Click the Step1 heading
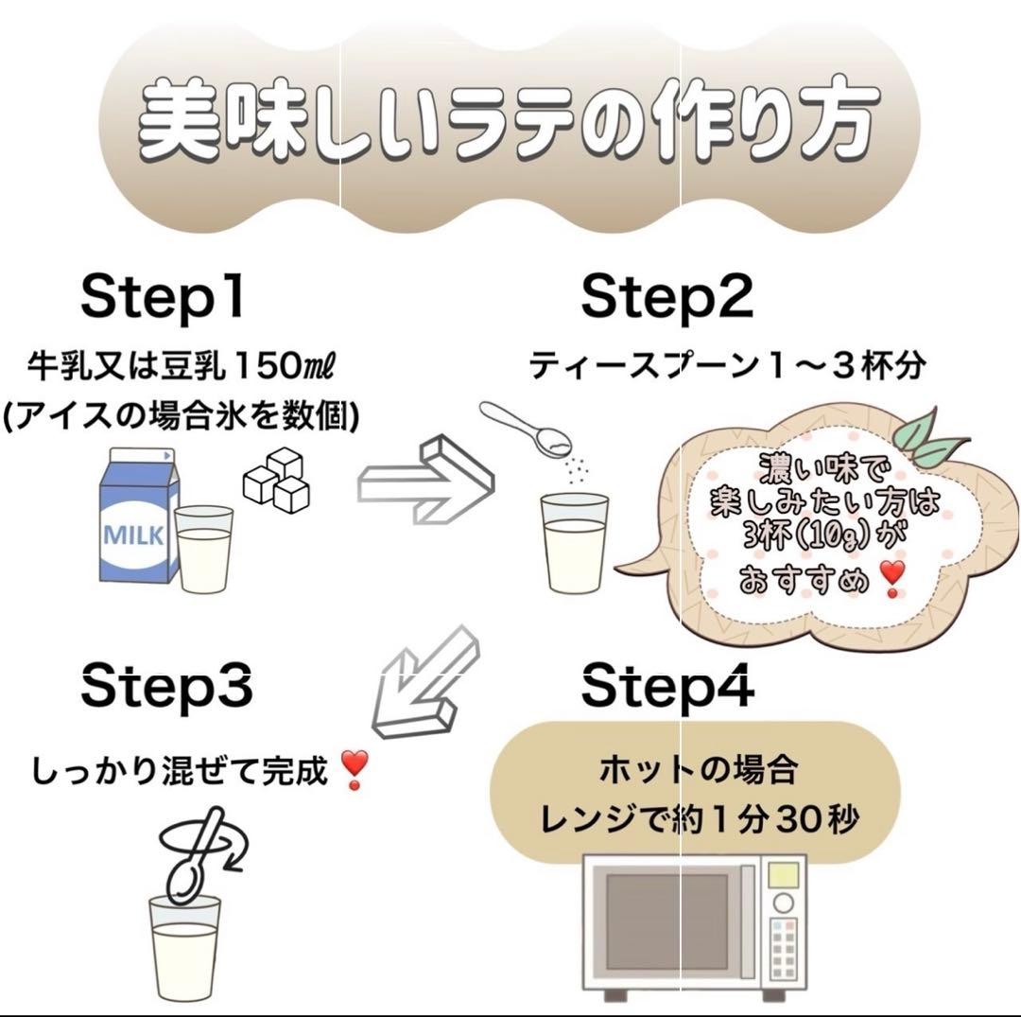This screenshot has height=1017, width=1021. (163, 298)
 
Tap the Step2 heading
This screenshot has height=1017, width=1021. (666, 298)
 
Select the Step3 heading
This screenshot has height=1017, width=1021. (166, 686)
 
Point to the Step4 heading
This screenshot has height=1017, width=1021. (667, 686)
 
